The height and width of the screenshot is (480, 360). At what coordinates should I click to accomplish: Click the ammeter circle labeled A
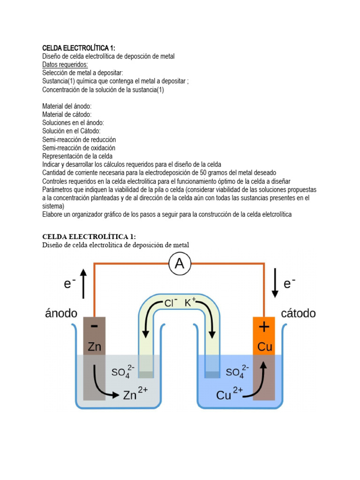(x=179, y=264)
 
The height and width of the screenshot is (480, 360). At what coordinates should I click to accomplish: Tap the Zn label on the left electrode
(x=94, y=347)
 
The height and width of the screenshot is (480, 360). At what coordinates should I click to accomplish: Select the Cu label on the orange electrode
(x=264, y=347)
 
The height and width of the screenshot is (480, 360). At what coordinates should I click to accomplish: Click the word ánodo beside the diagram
(x=61, y=313)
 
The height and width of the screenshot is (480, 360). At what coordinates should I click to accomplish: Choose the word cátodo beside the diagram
(x=298, y=313)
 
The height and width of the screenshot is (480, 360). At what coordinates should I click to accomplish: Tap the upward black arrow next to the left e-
(x=83, y=283)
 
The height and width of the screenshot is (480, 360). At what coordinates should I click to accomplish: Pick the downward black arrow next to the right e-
(x=275, y=283)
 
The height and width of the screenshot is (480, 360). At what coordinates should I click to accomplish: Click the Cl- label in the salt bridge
(x=170, y=303)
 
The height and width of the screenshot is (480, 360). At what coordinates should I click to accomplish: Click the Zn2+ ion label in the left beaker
(x=135, y=395)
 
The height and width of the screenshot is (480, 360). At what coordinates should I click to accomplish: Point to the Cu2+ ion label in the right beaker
(x=229, y=395)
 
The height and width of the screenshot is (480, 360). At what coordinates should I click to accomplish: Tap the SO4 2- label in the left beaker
(x=123, y=373)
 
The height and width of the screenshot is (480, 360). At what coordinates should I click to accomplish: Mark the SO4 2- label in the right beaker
(x=237, y=373)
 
